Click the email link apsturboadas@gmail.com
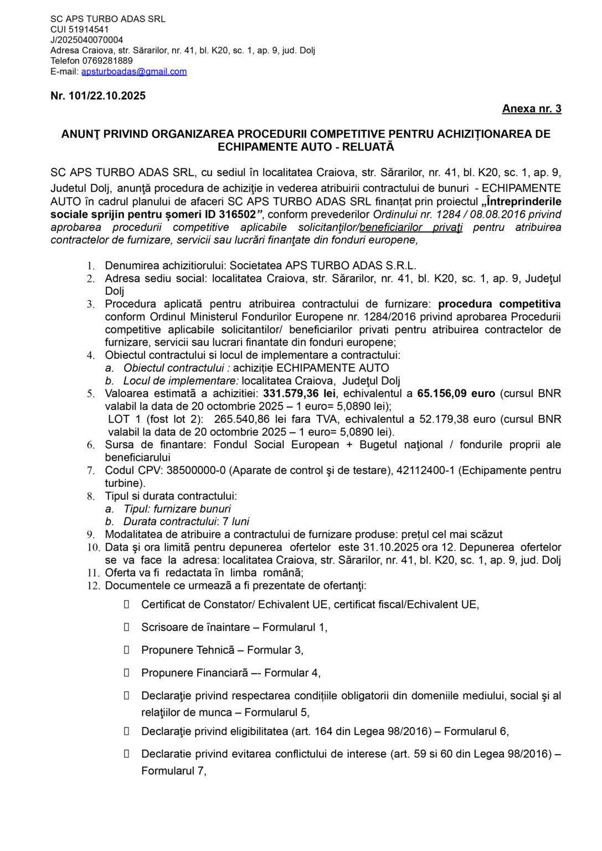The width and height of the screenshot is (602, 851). click(x=134, y=71)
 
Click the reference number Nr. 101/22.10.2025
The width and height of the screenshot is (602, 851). click(x=98, y=96)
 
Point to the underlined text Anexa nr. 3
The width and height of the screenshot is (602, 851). click(x=532, y=109)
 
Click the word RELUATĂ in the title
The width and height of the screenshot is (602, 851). click(x=368, y=147)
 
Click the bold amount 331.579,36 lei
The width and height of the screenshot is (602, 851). click(x=299, y=393)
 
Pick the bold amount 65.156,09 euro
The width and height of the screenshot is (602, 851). click(x=456, y=393)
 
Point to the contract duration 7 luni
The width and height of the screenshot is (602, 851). click(x=235, y=521)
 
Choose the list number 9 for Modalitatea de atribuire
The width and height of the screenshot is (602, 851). click(x=91, y=535)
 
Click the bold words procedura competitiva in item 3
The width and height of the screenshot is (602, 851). click(x=499, y=304)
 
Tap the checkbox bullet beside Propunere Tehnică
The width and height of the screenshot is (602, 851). click(x=127, y=650)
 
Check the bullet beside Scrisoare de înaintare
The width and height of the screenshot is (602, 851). click(x=127, y=627)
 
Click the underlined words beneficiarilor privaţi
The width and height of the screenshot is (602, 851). click(x=410, y=227)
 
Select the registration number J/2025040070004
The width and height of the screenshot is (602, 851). click(x=87, y=40)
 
